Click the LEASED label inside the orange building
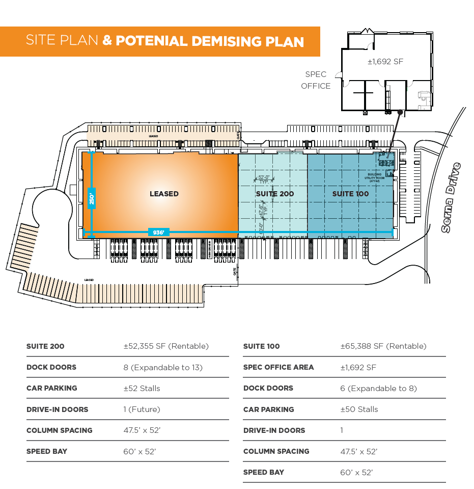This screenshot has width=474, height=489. click(164, 194)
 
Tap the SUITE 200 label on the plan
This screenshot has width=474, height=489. click(274, 194)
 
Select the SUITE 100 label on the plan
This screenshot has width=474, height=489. click(350, 194)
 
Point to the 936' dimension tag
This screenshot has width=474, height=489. click(158, 233)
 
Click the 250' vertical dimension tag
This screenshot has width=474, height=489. click(92, 197)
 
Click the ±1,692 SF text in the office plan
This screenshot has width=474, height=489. click(385, 62)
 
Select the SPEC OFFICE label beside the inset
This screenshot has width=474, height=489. click(316, 80)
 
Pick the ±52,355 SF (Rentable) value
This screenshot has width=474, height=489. click(166, 346)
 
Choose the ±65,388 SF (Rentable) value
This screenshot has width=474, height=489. click(383, 346)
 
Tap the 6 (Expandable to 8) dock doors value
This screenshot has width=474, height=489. click(378, 388)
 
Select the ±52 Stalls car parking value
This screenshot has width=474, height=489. click(142, 388)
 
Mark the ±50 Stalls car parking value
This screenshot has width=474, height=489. click(359, 409)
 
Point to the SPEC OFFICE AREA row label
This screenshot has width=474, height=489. click(278, 367)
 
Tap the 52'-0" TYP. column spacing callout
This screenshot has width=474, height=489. click(264, 179)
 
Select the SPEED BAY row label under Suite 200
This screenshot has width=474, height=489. click(47, 451)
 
